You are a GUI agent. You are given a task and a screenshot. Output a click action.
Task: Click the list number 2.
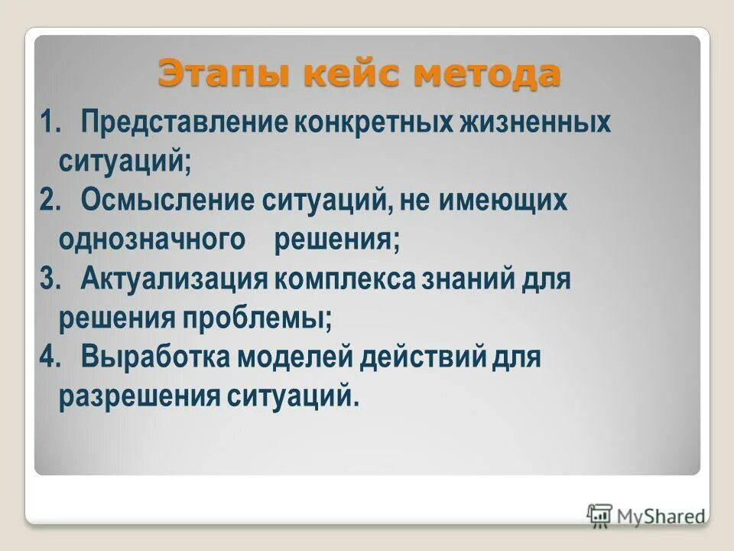coord(50,201)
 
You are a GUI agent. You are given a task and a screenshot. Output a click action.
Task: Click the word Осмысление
coord(168,201)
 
